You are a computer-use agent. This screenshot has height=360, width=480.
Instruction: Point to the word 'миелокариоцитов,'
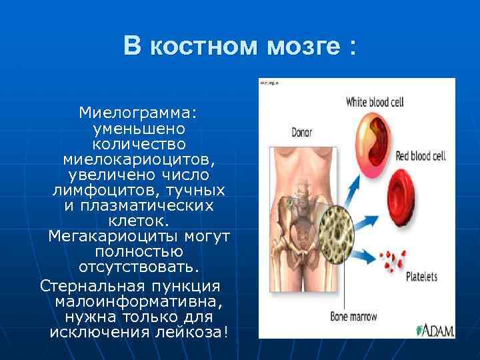pyautogui.click(x=139, y=160)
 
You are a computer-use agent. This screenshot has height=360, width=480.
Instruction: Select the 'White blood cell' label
pyautogui.click(x=374, y=102)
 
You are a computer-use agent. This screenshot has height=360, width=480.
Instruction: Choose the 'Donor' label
pyautogui.click(x=301, y=132)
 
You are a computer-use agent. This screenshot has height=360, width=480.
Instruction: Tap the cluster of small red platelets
pyautogui.click(x=393, y=257)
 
